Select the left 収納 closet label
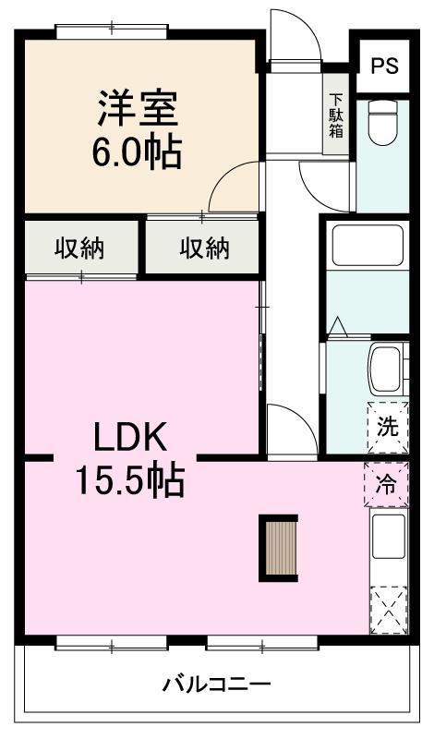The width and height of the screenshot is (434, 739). point(78,248)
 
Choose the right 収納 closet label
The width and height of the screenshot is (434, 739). point(203,248)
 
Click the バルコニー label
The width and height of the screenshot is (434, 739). point(217,685)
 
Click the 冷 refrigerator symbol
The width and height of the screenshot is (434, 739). point(386,483)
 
